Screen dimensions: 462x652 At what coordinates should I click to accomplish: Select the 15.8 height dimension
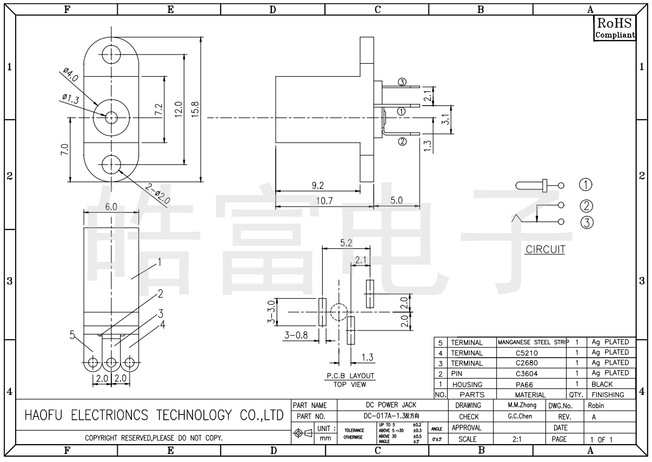[196, 109]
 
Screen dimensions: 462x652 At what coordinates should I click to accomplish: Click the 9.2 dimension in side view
[318, 186]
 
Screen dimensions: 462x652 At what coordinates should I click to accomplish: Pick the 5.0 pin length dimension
[396, 201]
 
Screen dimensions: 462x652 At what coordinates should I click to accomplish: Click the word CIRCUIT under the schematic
[545, 250]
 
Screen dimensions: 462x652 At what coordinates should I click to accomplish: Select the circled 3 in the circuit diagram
[587, 221]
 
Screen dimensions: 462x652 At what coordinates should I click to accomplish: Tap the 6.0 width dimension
[110, 207]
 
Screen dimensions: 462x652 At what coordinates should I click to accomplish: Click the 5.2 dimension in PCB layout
[347, 243]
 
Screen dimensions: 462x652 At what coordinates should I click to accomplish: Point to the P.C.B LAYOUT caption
[350, 376]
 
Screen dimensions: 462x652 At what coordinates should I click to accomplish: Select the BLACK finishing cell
[602, 384]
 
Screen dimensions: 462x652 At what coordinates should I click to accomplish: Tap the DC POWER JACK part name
[393, 405]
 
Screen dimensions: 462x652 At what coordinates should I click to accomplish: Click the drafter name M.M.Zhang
[522, 405]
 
